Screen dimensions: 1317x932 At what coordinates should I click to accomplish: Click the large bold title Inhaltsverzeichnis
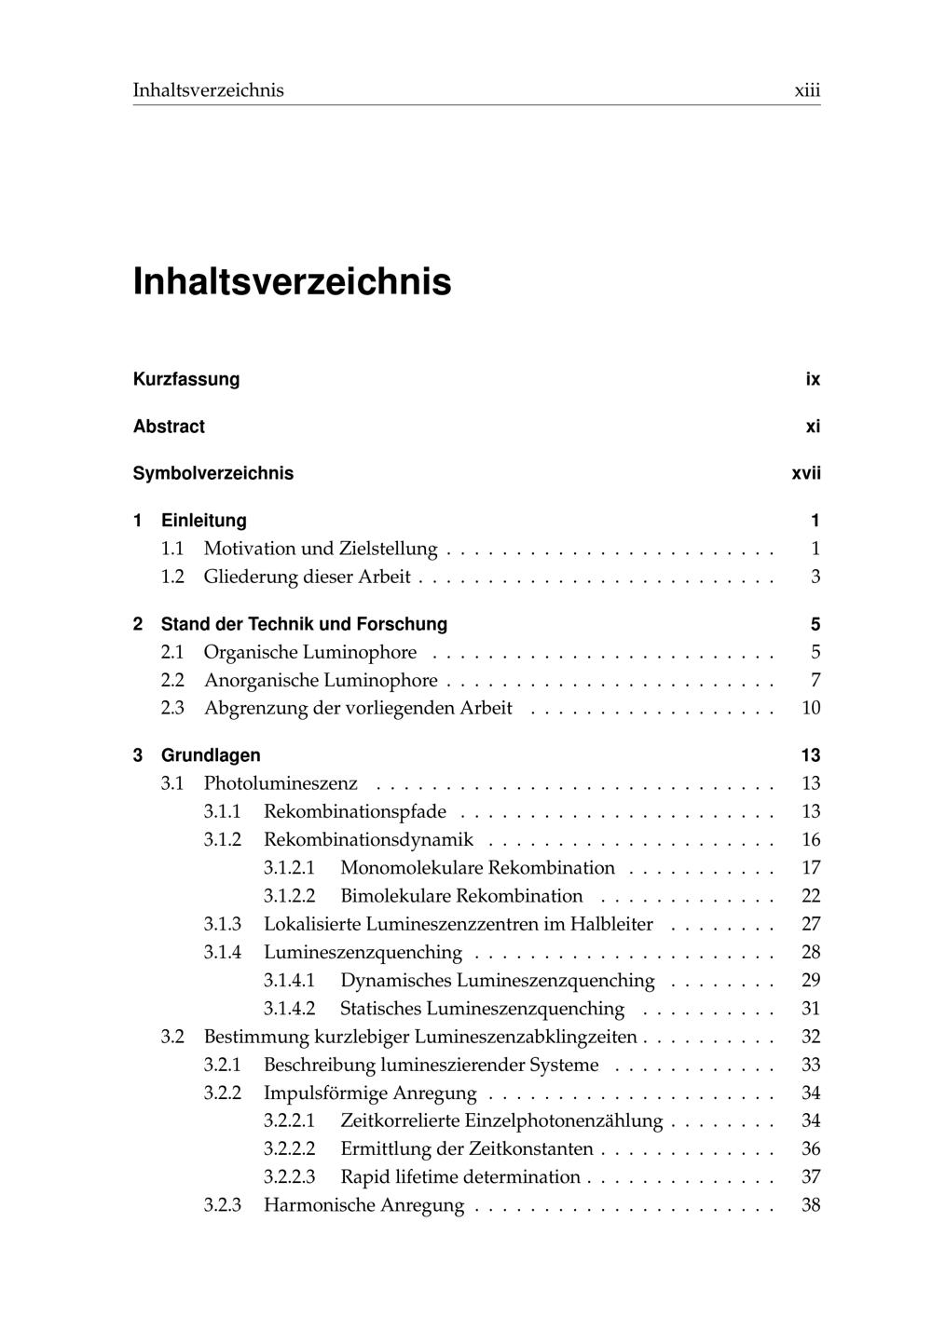(x=292, y=281)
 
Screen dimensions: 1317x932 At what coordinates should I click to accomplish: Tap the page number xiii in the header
(x=806, y=90)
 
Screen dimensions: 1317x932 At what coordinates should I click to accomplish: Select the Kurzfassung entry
(x=186, y=379)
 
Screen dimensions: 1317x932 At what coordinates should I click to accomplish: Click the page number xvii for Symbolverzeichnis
(x=806, y=473)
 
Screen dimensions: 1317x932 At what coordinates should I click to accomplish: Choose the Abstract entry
(x=169, y=427)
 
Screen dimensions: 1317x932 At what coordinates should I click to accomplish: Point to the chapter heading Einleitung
(x=203, y=521)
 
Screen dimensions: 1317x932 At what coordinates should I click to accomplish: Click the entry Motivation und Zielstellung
(x=321, y=549)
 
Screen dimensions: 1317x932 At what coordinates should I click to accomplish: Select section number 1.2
(x=172, y=577)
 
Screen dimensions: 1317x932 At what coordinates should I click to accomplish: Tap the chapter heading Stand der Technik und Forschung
(x=304, y=624)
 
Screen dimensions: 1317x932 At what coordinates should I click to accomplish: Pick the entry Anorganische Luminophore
(x=321, y=680)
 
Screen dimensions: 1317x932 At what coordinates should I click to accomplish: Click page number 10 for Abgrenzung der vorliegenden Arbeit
(x=811, y=708)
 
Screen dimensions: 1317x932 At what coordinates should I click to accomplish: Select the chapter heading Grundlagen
(x=211, y=755)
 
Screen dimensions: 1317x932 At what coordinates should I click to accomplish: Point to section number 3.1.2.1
(x=289, y=868)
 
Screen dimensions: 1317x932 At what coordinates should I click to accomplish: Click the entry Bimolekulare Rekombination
(x=461, y=896)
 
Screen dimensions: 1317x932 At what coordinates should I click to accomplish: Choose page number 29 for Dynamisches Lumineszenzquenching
(x=811, y=980)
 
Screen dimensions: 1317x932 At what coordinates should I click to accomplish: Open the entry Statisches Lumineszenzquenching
(x=482, y=1009)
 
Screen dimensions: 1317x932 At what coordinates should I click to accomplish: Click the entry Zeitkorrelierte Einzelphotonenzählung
(x=501, y=1120)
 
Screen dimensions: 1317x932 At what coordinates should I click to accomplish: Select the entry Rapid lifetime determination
(x=460, y=1177)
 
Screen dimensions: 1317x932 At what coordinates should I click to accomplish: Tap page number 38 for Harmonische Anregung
(x=811, y=1205)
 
